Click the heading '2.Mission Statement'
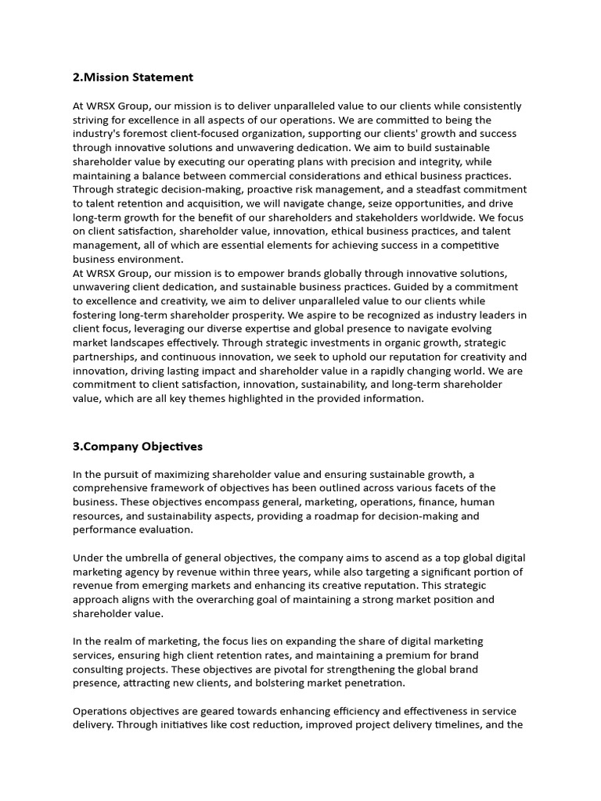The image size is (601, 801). (x=133, y=77)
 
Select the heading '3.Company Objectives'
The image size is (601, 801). (x=138, y=447)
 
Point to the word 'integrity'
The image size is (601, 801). (x=437, y=162)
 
